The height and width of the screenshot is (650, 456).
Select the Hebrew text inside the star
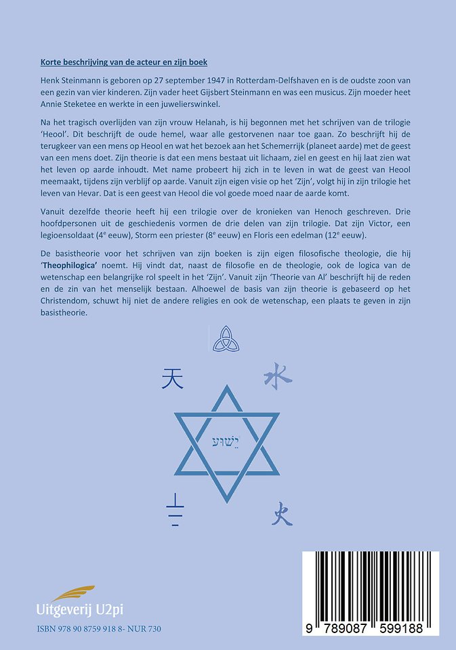click(x=227, y=437)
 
